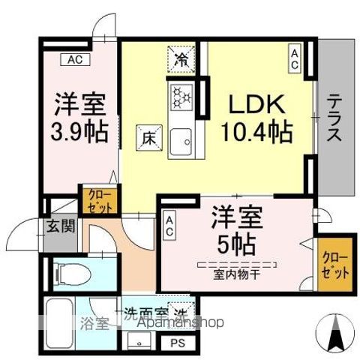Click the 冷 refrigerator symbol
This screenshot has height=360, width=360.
[181, 59]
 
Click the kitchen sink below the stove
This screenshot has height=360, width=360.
[182, 139]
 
